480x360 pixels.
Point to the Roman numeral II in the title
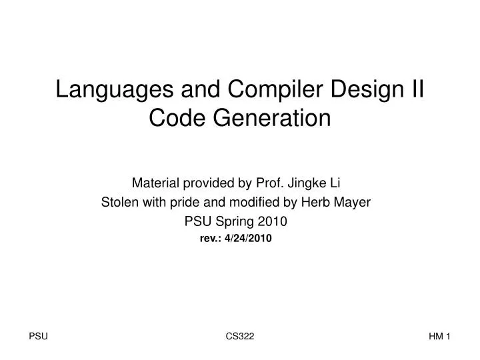pyautogui.click(x=417, y=90)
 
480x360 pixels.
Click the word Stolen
pyautogui.click(x=119, y=201)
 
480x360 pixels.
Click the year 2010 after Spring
pyautogui.click(x=275, y=221)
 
